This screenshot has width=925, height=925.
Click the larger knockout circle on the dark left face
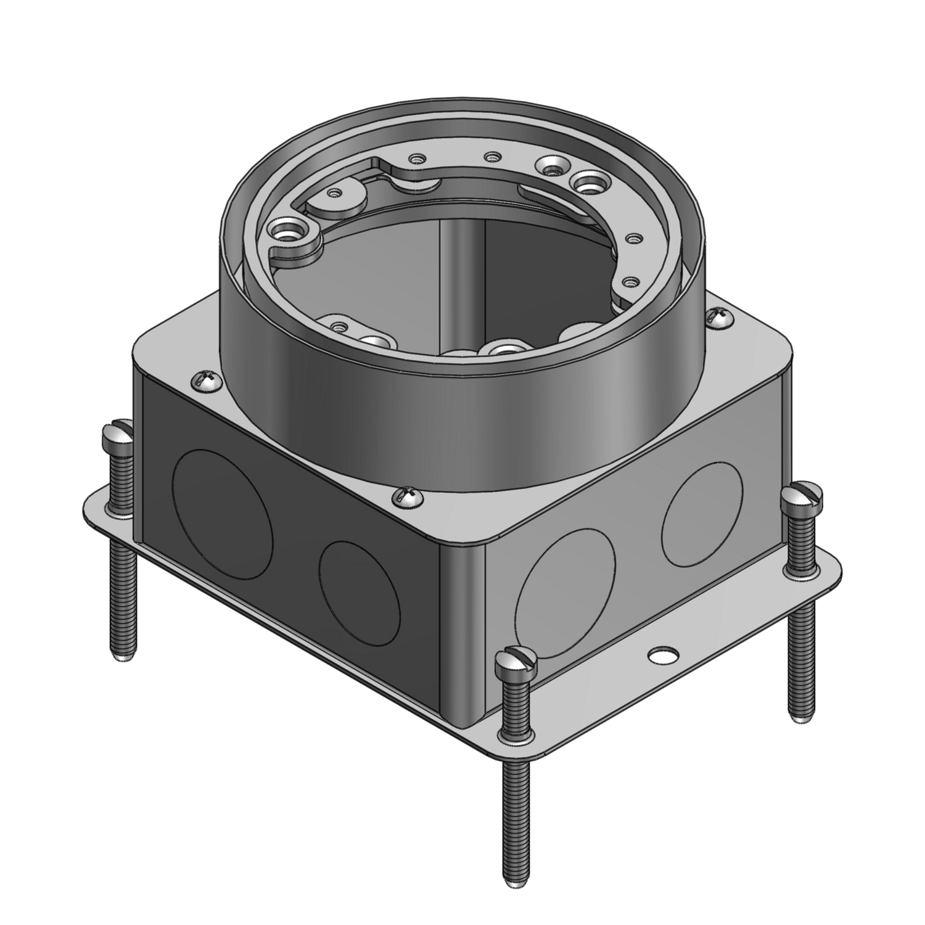tap(220, 514)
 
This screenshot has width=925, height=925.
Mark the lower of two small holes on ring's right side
tap(629, 282)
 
